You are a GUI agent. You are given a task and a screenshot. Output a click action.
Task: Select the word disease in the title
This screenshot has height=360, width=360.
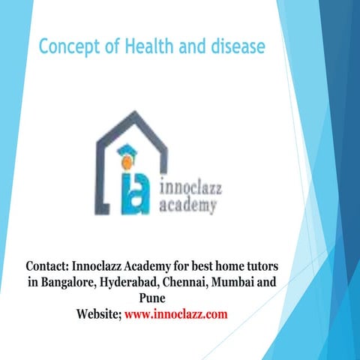coord(234,47)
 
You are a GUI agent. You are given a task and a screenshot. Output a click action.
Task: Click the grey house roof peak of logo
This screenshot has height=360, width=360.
coord(135,113)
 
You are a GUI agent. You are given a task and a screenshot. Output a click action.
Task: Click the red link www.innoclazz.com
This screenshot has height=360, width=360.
coord(175,315)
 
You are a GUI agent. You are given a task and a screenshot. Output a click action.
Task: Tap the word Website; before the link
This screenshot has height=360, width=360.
coord(99,315)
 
